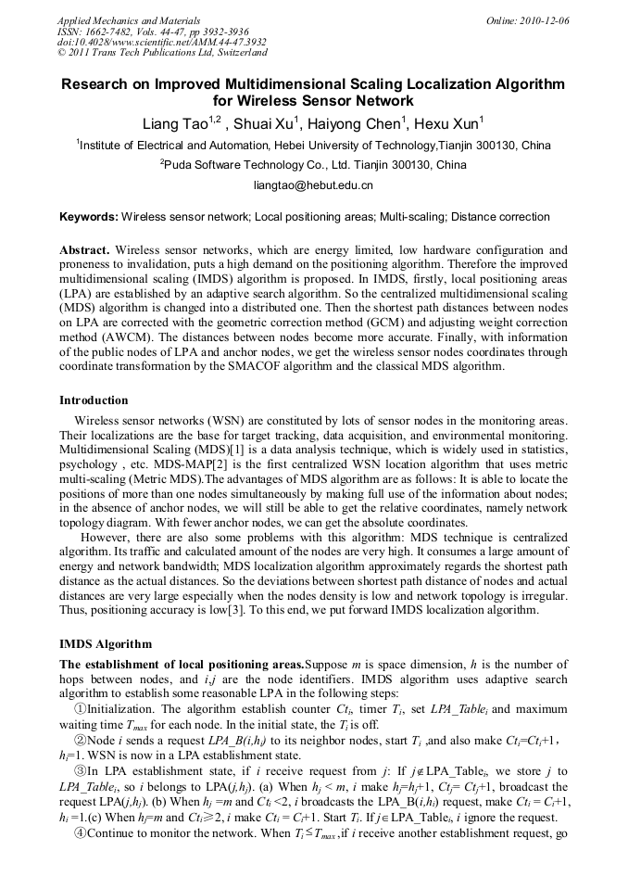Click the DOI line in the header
161,42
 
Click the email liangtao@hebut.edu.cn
313,185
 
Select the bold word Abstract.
86,250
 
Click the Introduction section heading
94,400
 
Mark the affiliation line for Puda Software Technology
313,165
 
